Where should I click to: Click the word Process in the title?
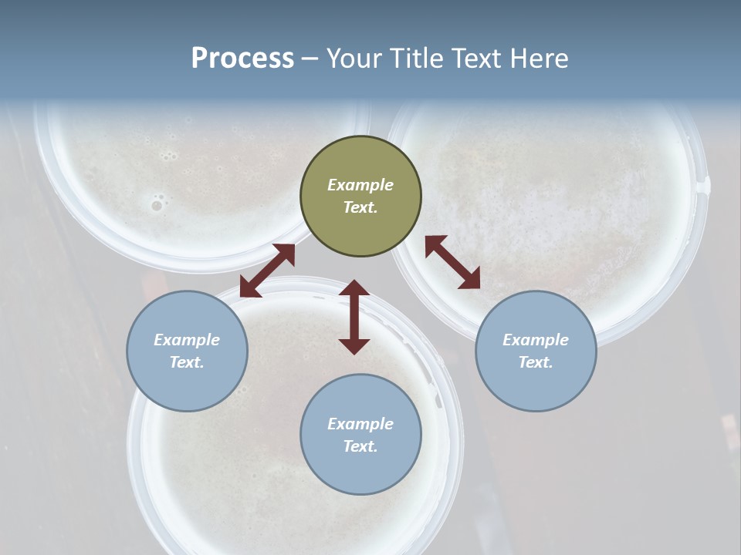tap(242, 59)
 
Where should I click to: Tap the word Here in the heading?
tap(536, 59)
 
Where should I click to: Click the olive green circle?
tap(360, 196)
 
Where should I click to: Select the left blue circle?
tap(187, 351)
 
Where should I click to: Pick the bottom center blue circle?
tap(360, 434)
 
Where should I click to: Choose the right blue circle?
tap(536, 351)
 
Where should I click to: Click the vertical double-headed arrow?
tap(354, 317)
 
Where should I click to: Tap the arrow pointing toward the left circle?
tap(267, 271)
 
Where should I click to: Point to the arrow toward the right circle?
tap(452, 262)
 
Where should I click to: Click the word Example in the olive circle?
tap(360, 185)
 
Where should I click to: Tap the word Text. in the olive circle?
tap(360, 207)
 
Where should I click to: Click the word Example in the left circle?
tap(187, 340)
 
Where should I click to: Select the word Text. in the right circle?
tap(536, 362)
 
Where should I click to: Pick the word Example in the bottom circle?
tap(360, 424)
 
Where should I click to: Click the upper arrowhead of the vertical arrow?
tap(354, 288)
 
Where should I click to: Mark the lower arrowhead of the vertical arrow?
tap(354, 345)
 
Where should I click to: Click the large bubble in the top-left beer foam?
tap(157, 205)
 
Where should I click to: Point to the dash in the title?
tap(310, 59)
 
